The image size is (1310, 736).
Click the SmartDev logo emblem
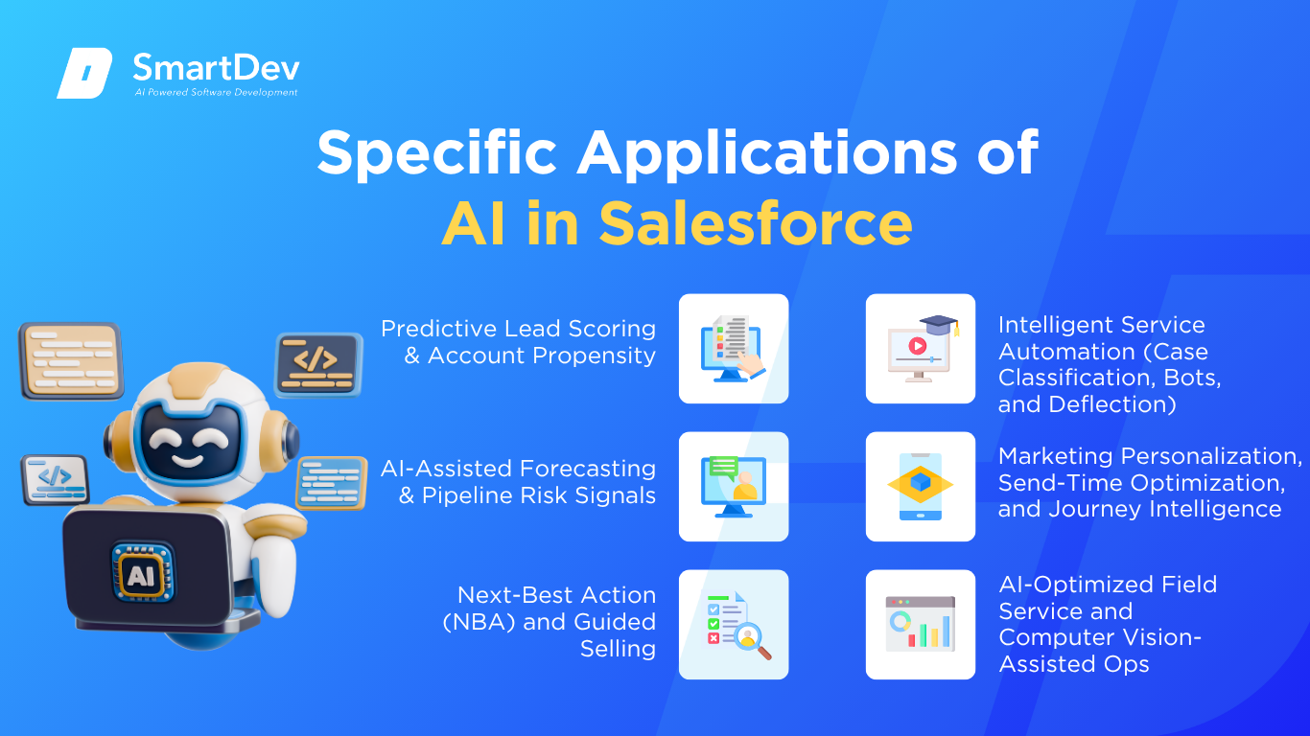(x=84, y=73)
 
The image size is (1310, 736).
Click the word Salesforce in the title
(x=756, y=224)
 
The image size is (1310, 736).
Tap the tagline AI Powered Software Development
(x=216, y=92)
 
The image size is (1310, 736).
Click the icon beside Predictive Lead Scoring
(x=734, y=349)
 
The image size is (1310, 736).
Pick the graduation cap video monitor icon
(x=921, y=349)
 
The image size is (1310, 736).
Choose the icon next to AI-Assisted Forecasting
(x=734, y=487)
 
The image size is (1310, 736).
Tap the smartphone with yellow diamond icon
(x=921, y=487)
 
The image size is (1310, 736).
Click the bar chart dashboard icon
(x=921, y=624)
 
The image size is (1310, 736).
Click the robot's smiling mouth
(x=187, y=461)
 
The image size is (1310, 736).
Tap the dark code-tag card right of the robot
(x=318, y=364)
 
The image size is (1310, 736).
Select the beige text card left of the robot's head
(x=71, y=360)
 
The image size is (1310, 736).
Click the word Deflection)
(x=1112, y=404)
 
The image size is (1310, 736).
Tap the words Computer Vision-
(x=1100, y=637)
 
